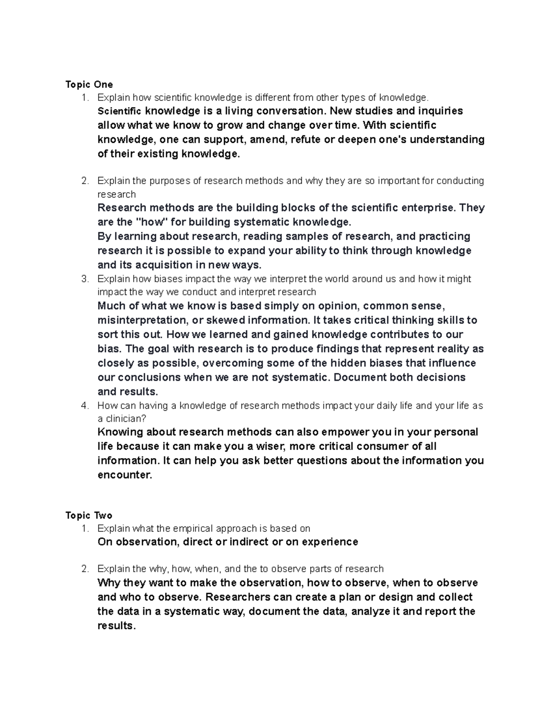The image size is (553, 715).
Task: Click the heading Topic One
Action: pyautogui.click(x=89, y=84)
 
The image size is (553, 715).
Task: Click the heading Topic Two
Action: pyautogui.click(x=89, y=515)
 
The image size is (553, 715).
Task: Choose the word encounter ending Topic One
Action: pyautogui.click(x=124, y=475)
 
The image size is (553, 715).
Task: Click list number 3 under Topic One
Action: pyautogui.click(x=84, y=279)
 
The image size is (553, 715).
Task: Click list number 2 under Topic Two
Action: pyautogui.click(x=84, y=569)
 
